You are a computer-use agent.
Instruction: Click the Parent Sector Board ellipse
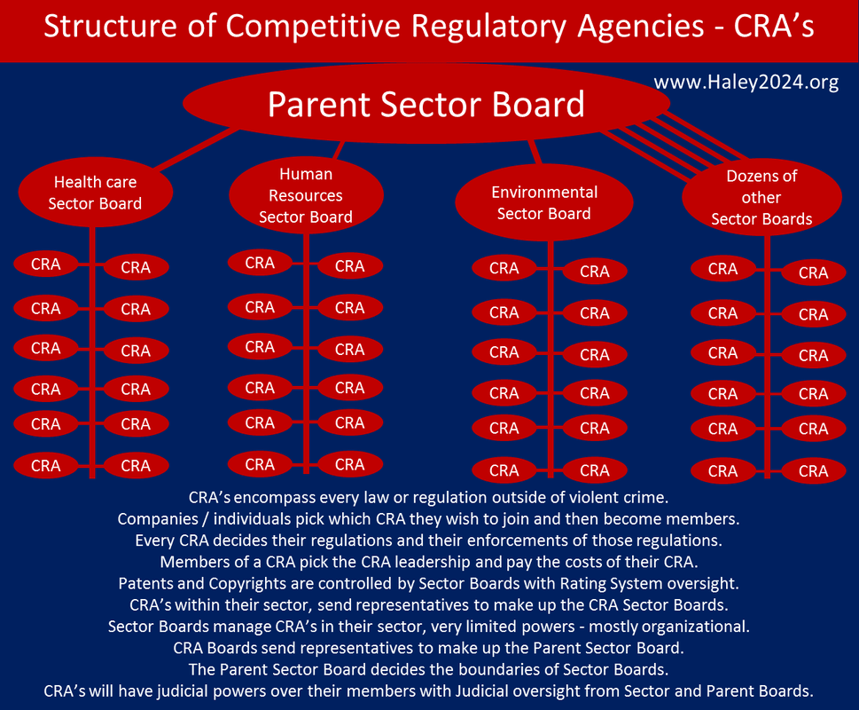pos(426,103)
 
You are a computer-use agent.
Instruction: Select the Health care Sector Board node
pos(96,193)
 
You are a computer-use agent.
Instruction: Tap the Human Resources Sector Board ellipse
pos(306,195)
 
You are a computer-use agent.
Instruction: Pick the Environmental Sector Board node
pos(544,202)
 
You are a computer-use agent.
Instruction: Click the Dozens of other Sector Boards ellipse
pos(761,197)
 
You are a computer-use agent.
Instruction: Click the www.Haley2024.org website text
pos(746,83)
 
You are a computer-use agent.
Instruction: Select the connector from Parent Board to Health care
pos(197,148)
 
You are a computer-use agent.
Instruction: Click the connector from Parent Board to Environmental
pos(535,152)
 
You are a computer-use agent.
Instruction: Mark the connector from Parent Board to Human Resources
pos(339,150)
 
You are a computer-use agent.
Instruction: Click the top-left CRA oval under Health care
pos(46,264)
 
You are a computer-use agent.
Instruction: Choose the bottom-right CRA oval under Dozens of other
pos(814,471)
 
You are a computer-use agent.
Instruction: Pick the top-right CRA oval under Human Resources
pos(350,266)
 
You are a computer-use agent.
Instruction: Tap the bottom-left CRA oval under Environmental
pos(504,470)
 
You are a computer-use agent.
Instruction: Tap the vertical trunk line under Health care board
pos(92,352)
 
